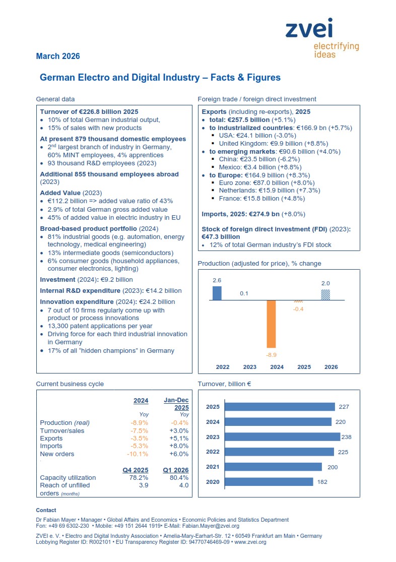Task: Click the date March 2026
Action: pyautogui.click(x=58, y=56)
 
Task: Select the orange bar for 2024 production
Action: pyautogui.click(x=271, y=324)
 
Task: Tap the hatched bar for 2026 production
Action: pyautogui.click(x=325, y=294)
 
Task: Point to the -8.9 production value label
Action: pyautogui.click(x=271, y=355)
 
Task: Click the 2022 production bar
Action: pyautogui.click(x=217, y=293)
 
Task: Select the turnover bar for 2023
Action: pyautogui.click(x=282, y=437)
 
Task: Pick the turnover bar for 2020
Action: pyautogui.click(x=269, y=482)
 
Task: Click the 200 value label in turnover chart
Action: pyautogui.click(x=333, y=467)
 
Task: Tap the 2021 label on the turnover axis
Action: pyautogui.click(x=213, y=467)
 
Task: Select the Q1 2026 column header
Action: pyautogui.click(x=175, y=470)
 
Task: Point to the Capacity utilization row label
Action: pyautogui.click(x=68, y=478)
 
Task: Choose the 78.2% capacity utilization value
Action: pyautogui.click(x=139, y=478)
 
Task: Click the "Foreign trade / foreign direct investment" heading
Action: pyautogui.click(x=257, y=99)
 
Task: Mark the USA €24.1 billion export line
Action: pyautogui.click(x=260, y=136)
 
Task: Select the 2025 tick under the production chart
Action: pyautogui.click(x=303, y=367)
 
